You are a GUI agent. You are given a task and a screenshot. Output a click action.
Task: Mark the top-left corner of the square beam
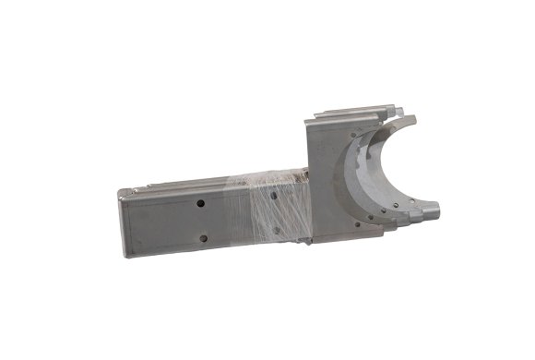[121, 190]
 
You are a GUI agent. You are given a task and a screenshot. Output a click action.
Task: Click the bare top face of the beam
[184, 182]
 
